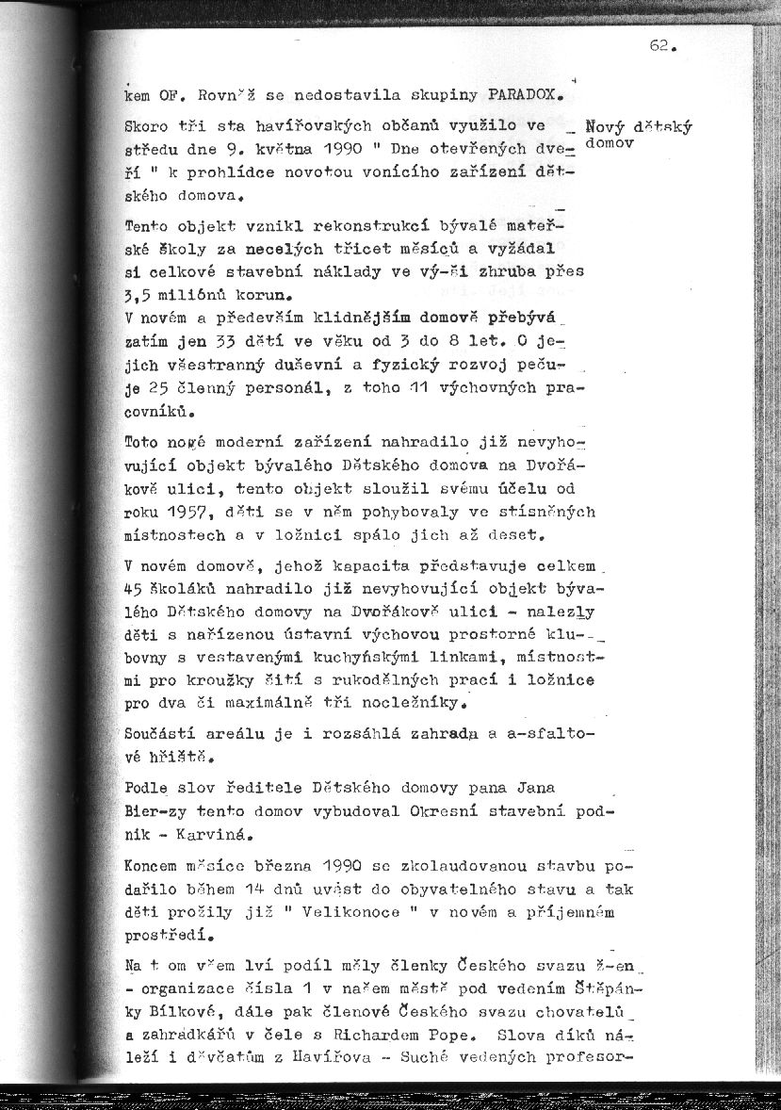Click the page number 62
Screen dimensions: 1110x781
(662, 46)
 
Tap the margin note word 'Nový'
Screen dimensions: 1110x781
(603, 127)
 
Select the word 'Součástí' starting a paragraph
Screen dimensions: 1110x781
(159, 732)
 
